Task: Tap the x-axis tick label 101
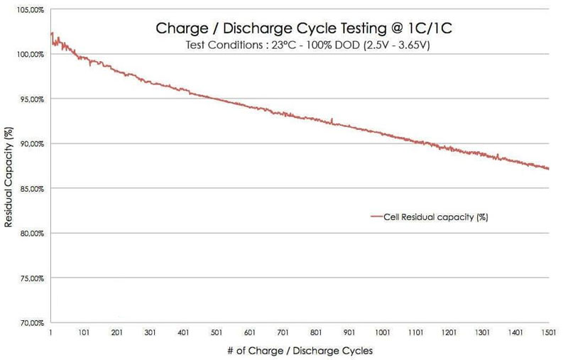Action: pyautogui.click(x=84, y=332)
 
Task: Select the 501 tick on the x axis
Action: pyautogui.click(x=217, y=332)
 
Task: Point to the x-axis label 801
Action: pyautogui.click(x=316, y=332)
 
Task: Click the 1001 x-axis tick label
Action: pyautogui.click(x=383, y=332)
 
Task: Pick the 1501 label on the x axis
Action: pyautogui.click(x=549, y=332)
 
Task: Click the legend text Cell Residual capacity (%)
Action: pyautogui.click(x=435, y=217)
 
